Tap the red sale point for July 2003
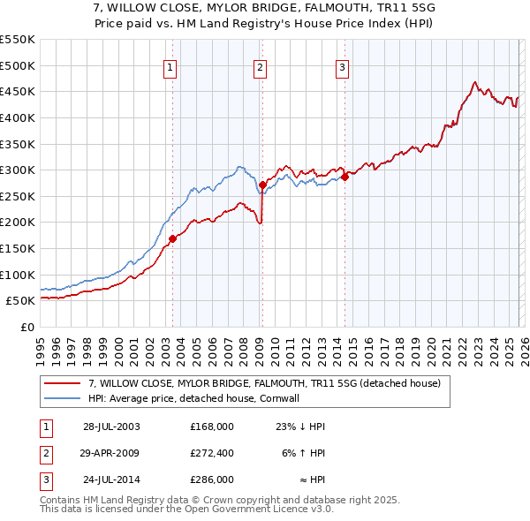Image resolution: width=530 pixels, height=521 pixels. (x=173, y=238)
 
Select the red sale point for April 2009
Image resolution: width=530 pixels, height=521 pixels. (x=262, y=185)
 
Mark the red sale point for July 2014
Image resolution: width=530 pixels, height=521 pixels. (x=344, y=177)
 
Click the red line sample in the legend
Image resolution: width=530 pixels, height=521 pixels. (x=64, y=383)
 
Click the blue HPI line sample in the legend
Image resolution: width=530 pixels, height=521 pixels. (x=64, y=399)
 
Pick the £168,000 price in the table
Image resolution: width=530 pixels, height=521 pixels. (x=211, y=426)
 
